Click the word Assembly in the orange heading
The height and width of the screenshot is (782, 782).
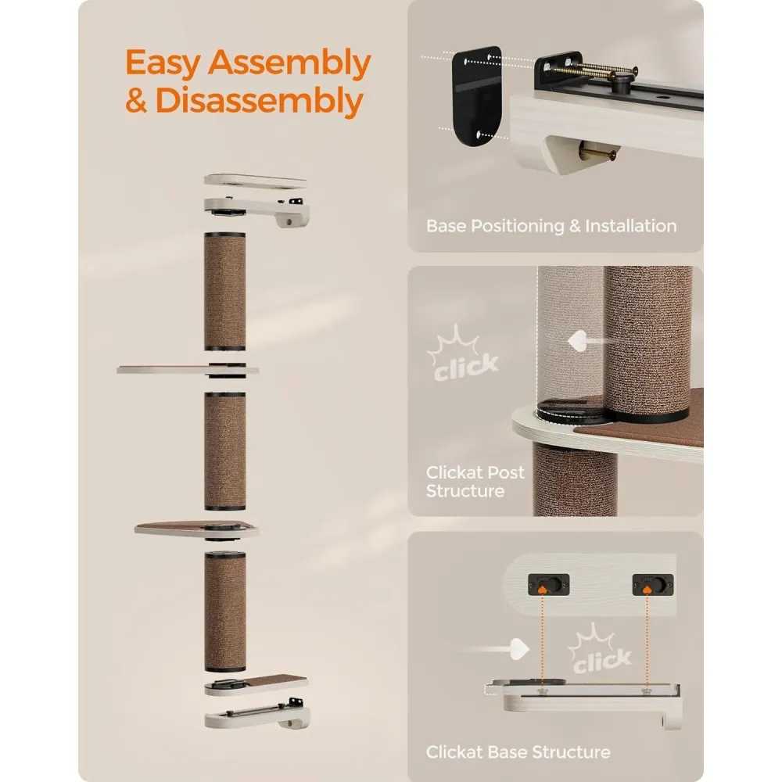[290, 63]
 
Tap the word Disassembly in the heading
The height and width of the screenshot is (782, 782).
[260, 101]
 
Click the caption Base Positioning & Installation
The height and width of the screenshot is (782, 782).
[551, 226]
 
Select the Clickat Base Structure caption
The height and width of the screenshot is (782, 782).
[518, 752]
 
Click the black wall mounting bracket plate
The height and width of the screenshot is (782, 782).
[476, 96]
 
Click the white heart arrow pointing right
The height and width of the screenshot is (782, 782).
[499, 649]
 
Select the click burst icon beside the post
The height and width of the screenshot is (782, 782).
[463, 354]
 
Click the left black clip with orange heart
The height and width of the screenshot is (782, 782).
[549, 584]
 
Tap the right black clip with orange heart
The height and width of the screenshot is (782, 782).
[653, 584]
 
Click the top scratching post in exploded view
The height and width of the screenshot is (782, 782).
[225, 292]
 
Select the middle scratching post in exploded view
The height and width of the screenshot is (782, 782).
[225, 451]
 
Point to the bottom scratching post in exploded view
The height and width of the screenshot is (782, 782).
[225, 612]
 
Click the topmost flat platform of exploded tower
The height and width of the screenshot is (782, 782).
[256, 181]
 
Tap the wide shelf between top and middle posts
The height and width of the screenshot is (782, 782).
[188, 370]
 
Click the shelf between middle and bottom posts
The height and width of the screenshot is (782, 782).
[196, 530]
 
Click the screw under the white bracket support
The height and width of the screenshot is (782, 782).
[597, 152]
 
